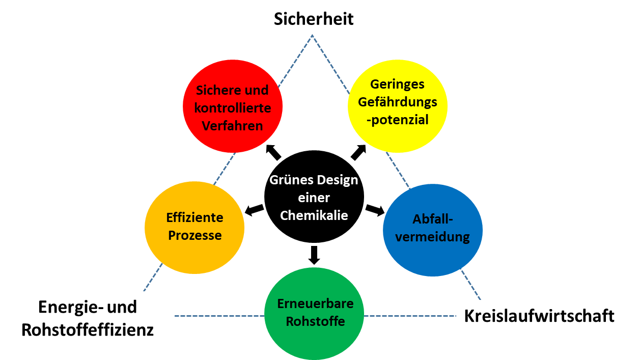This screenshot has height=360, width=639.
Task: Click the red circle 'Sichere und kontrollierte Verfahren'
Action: pyautogui.click(x=233, y=106)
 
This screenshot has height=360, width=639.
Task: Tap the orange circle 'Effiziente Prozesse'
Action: pyautogui.click(x=195, y=228)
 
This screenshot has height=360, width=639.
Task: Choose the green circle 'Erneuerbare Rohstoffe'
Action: pyautogui.click(x=314, y=313)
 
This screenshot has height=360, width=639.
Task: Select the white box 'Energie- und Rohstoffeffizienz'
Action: pyautogui.click(x=88, y=318)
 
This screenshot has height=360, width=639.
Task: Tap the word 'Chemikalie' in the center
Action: pyautogui.click(x=314, y=215)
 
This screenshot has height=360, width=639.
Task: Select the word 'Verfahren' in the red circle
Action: pyautogui.click(x=233, y=125)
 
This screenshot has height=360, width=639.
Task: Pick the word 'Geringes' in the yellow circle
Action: pyautogui.click(x=397, y=84)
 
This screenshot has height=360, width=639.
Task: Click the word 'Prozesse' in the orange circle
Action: pyautogui.click(x=195, y=236)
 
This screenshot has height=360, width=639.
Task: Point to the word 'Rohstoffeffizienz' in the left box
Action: pyautogui.click(x=88, y=329)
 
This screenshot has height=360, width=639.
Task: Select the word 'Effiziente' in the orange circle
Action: pyautogui.click(x=195, y=218)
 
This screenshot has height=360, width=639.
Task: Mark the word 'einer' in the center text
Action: pyautogui.click(x=314, y=198)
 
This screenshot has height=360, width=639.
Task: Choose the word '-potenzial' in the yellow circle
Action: pyautogui.click(x=400, y=120)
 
